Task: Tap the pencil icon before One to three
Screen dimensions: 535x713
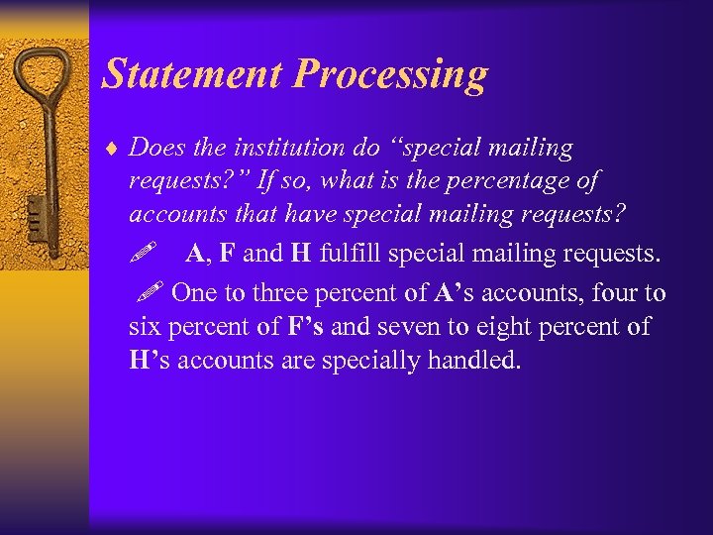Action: click(x=151, y=292)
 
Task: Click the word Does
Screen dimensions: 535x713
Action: click(x=156, y=149)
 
